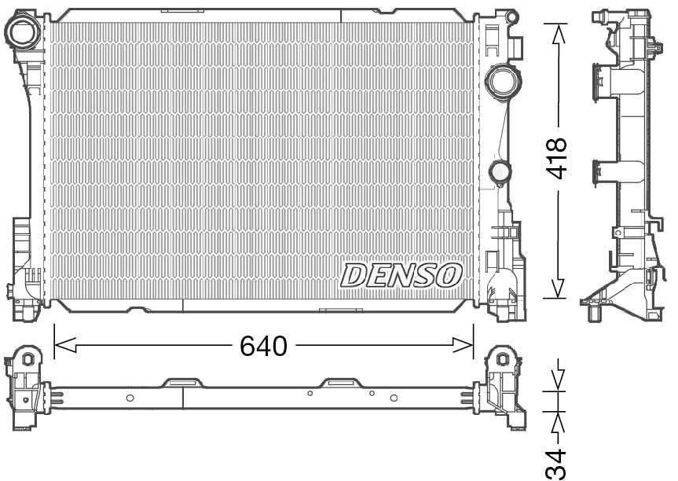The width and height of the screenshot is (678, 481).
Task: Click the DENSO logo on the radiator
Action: pyautogui.click(x=401, y=275)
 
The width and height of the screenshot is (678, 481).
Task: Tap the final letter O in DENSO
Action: pyautogui.click(x=449, y=275)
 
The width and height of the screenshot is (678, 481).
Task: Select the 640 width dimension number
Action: pyautogui.click(x=264, y=345)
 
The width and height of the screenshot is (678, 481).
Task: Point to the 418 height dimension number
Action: pyautogui.click(x=558, y=158)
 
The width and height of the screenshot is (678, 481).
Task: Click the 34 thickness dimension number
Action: pyautogui.click(x=557, y=464)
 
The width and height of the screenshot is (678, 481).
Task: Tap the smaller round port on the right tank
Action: pyautogui.click(x=499, y=171)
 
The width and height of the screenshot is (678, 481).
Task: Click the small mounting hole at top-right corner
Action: pyautogui.click(x=511, y=17)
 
